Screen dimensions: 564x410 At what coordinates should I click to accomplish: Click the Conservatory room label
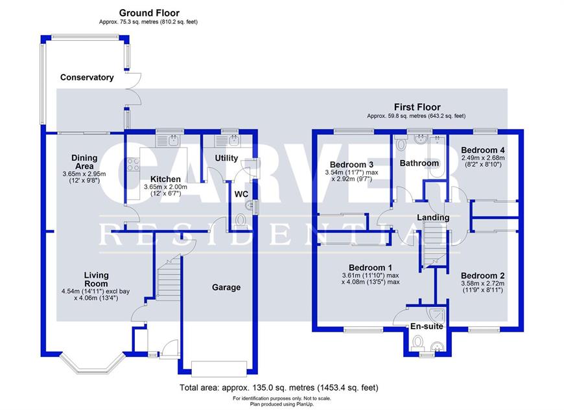[87, 77]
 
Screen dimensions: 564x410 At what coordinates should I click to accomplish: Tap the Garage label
[226, 288]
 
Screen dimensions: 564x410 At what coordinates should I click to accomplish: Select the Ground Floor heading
[149, 13]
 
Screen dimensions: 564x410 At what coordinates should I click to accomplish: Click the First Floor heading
[417, 107]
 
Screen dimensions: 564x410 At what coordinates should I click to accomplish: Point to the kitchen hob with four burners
[133, 165]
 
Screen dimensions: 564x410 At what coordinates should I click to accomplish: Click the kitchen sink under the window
[169, 141]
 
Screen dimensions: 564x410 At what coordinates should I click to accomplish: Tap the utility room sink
[227, 141]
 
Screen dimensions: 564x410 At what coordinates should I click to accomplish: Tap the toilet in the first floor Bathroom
[400, 143]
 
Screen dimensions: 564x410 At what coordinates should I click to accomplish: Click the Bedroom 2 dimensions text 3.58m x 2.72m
[483, 284]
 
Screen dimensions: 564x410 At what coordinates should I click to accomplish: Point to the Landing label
[433, 218]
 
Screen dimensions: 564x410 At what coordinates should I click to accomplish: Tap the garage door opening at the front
[219, 369]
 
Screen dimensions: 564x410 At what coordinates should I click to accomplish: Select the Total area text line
[279, 388]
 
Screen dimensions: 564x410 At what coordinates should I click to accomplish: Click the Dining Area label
[84, 162]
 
